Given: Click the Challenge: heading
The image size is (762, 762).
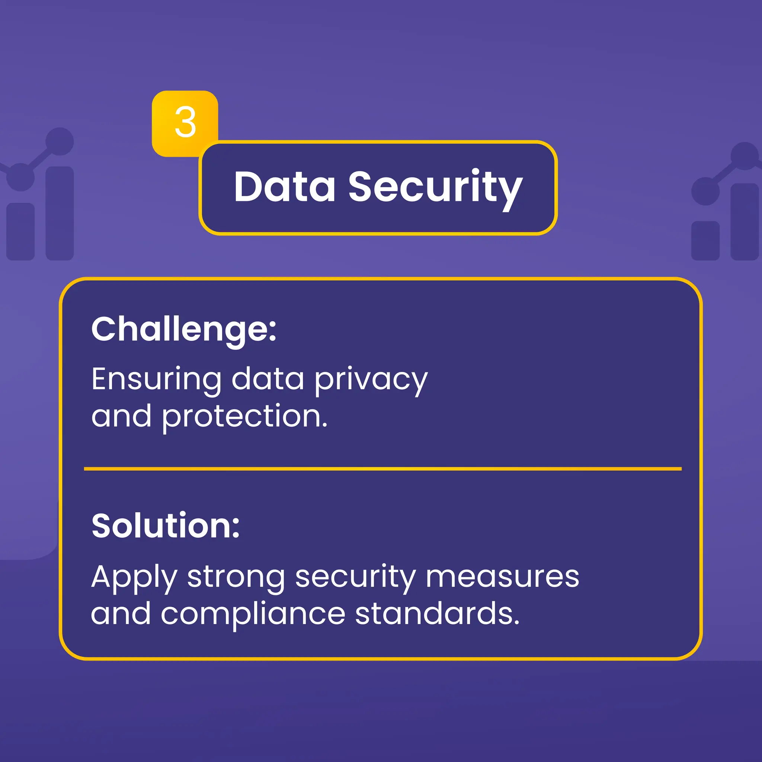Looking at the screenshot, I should [184, 330].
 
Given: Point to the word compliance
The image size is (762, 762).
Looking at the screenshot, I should [253, 614].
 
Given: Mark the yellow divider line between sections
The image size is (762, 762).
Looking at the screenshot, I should [382, 469].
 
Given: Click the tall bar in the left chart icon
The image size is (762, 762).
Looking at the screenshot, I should [60, 213].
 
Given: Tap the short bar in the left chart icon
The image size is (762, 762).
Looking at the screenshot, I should [20, 231].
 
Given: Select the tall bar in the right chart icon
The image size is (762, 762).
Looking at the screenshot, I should [744, 222].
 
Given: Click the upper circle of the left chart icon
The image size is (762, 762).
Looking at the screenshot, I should [60, 141].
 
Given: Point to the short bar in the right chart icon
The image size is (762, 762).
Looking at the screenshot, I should [705, 241].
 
